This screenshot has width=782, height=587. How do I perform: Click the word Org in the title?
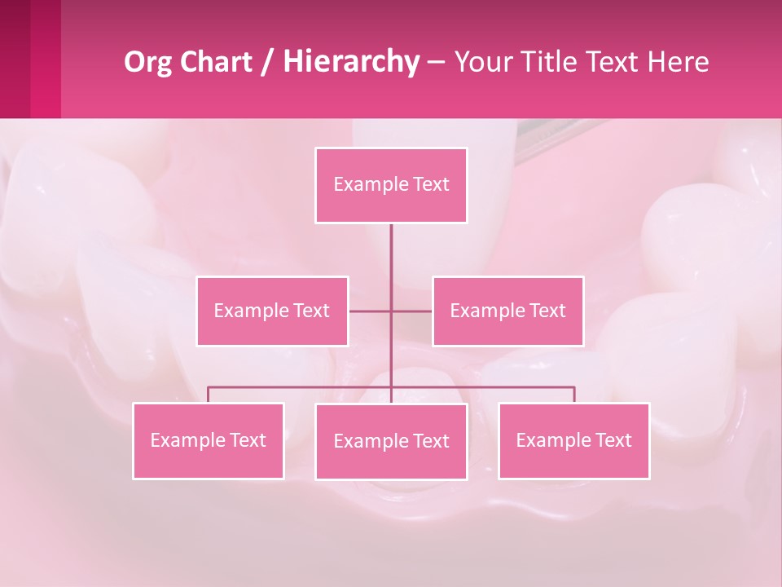pos(147,62)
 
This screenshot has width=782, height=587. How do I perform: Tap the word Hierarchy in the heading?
pos(350,62)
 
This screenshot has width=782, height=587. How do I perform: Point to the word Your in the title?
pos(480,62)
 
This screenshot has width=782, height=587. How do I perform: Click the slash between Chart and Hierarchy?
pos(267,62)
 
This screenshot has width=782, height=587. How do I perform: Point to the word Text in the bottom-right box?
pos(613,440)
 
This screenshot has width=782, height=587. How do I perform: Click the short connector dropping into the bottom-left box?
pos(208,395)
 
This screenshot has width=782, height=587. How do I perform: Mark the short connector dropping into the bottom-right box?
pos(574,395)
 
